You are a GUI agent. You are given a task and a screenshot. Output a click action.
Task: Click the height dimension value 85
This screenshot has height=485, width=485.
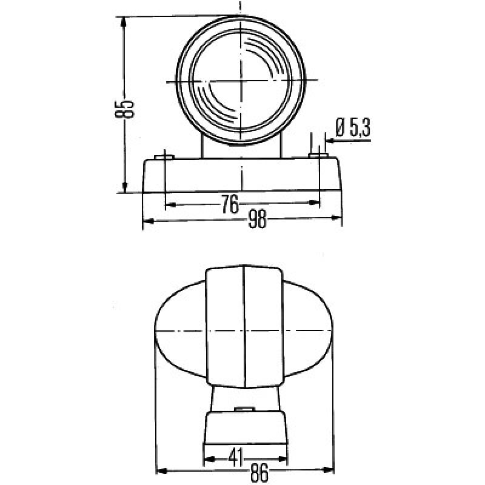[x=127, y=109]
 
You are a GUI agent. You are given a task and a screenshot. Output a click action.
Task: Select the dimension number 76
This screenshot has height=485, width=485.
[x=229, y=206]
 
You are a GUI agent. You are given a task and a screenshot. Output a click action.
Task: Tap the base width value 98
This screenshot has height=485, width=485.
[x=258, y=221]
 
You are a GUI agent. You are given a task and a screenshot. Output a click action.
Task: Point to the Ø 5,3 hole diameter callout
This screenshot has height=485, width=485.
[x=352, y=127]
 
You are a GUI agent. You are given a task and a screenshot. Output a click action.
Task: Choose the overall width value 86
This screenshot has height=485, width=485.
[x=259, y=473]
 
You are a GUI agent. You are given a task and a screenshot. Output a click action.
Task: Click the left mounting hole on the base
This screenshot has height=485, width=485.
[x=165, y=158]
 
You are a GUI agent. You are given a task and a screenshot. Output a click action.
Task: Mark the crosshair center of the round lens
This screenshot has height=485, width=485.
[x=242, y=81]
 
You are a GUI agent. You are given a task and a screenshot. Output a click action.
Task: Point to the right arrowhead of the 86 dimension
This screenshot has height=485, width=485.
[x=330, y=470]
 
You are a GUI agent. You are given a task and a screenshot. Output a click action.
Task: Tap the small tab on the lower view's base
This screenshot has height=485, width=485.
[x=244, y=410]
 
